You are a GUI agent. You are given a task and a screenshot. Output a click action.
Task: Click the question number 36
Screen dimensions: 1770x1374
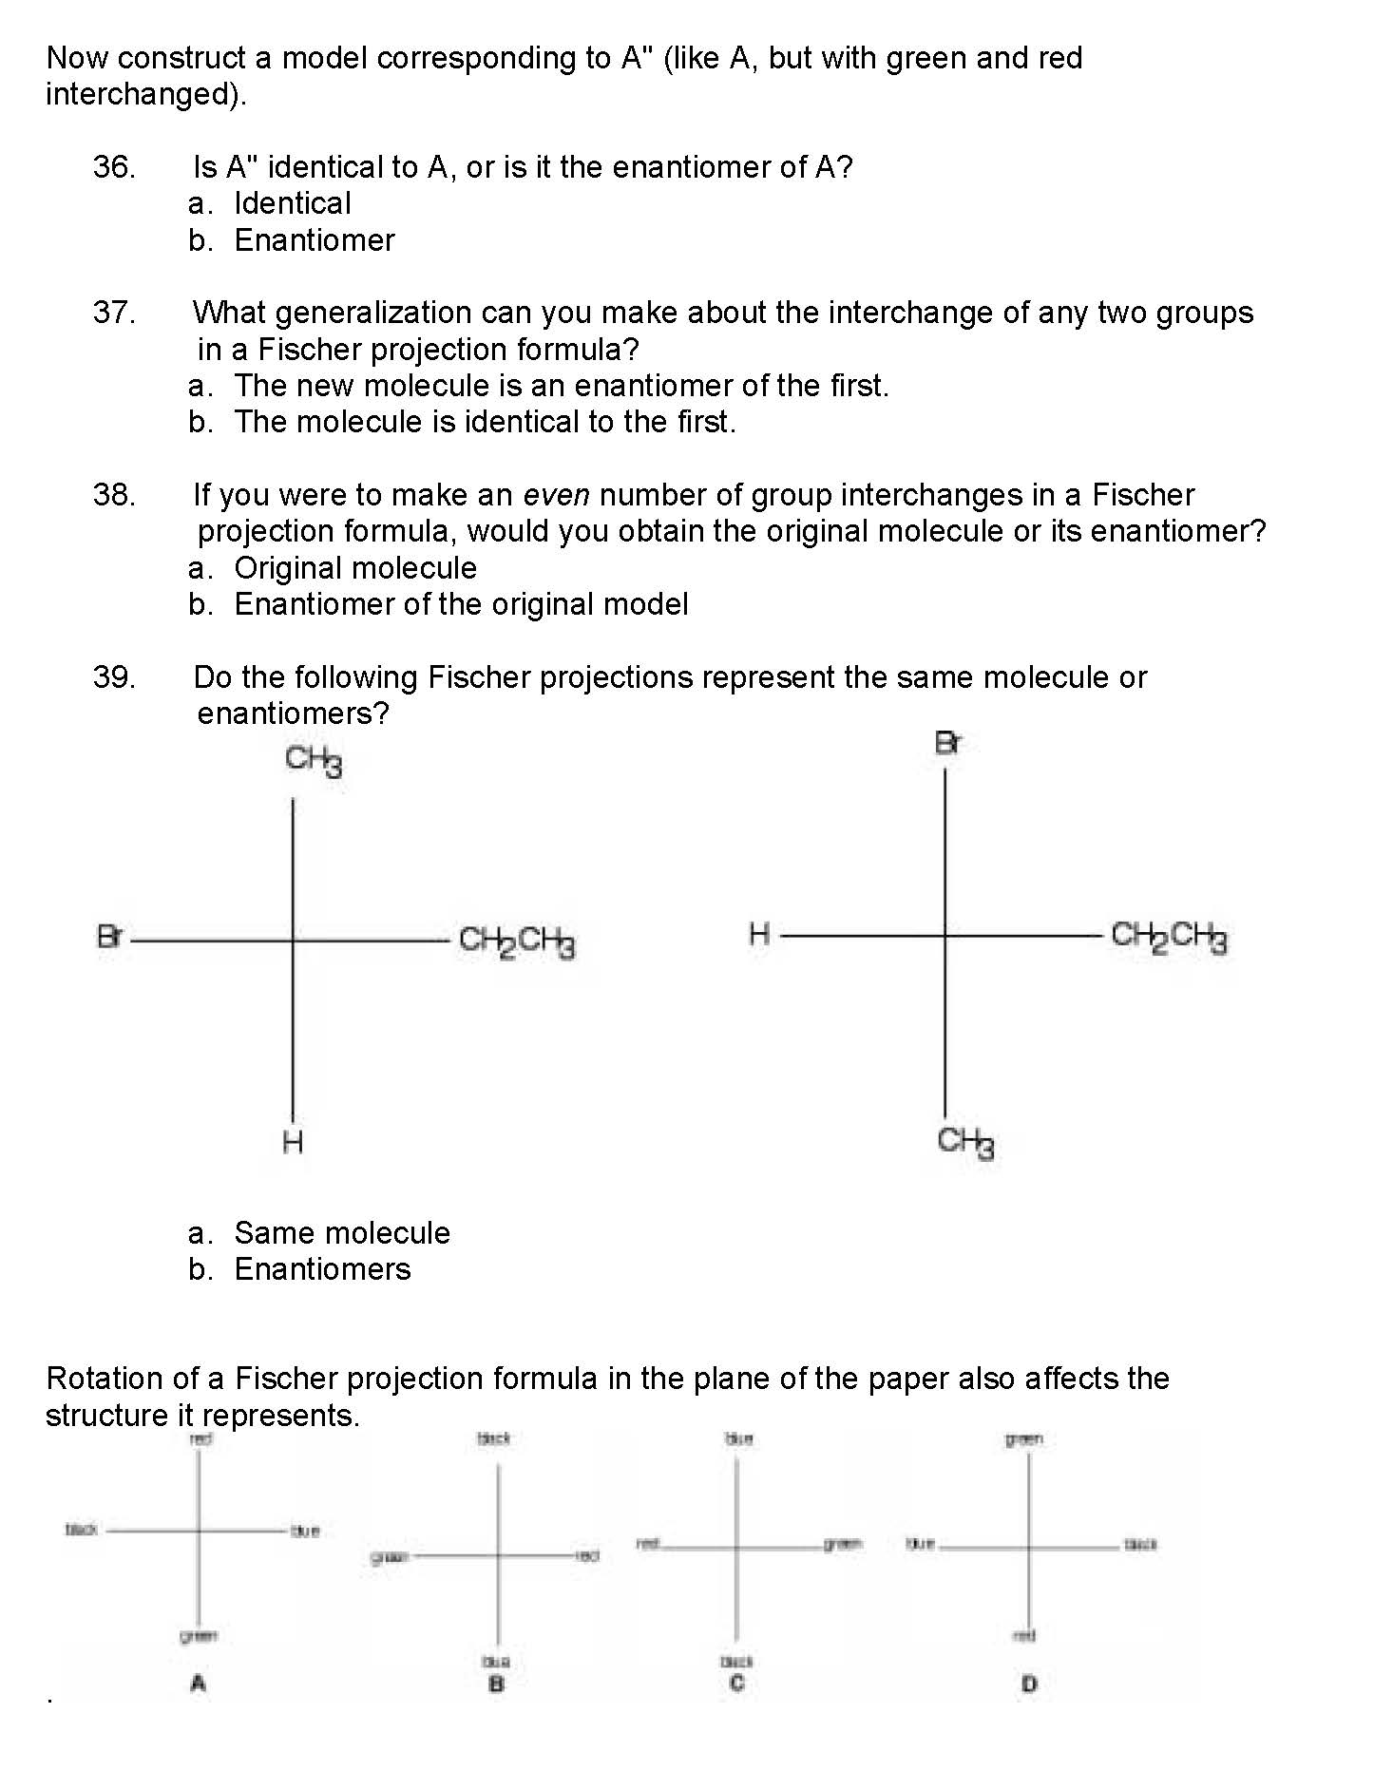point(114,167)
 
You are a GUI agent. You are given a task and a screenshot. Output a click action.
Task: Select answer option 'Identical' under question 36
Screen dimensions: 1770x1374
point(292,203)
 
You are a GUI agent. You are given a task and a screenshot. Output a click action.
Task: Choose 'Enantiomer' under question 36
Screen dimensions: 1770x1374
point(314,240)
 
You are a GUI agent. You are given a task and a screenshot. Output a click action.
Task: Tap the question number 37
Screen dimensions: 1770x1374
point(114,313)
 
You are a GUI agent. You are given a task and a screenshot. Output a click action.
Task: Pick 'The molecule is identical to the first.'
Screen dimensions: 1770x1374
point(485,422)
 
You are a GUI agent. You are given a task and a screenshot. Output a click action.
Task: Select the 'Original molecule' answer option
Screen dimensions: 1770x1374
point(355,568)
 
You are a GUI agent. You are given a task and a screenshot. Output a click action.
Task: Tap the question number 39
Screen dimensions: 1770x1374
point(114,677)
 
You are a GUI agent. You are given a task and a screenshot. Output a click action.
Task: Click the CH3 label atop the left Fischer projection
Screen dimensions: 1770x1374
point(313,760)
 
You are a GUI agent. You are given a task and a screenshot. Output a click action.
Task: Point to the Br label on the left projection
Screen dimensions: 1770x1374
point(110,938)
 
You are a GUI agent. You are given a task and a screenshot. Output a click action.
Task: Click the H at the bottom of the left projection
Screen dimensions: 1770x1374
point(293,1141)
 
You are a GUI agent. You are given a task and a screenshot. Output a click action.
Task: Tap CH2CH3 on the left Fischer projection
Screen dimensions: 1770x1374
point(517,942)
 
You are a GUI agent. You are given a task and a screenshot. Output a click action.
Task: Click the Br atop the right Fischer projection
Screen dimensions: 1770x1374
point(947,743)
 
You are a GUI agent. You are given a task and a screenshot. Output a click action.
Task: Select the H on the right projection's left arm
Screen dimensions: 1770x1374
point(758,935)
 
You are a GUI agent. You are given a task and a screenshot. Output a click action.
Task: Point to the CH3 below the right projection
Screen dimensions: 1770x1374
point(964,1141)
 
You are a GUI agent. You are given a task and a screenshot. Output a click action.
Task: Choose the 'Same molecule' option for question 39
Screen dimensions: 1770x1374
point(342,1233)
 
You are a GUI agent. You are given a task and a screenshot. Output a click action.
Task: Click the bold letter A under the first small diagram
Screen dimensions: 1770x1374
point(198,1684)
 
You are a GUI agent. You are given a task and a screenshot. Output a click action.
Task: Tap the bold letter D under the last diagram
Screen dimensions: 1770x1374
point(1029,1684)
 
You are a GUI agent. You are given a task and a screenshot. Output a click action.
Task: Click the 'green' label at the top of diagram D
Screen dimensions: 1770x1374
point(1024,1439)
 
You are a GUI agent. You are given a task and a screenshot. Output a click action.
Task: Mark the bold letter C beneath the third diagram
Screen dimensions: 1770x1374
point(737,1684)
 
